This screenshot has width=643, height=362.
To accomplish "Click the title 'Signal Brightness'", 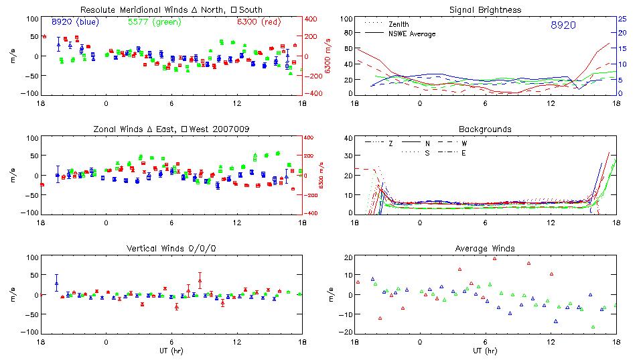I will [486, 10].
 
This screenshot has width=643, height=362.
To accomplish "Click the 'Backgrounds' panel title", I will [485, 129].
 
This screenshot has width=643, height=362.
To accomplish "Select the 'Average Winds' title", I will [486, 249].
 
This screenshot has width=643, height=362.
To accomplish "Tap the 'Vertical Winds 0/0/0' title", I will [171, 249].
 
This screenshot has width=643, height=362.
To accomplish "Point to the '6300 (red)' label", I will [259, 22].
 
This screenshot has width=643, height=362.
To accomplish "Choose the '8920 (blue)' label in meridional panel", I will [75, 22].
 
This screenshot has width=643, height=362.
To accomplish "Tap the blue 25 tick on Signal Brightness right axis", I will [622, 19].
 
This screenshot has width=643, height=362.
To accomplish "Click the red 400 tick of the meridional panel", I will [312, 19].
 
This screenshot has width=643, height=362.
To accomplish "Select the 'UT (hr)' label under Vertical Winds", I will [171, 350].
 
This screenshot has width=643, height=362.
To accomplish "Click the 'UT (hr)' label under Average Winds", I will [486, 350].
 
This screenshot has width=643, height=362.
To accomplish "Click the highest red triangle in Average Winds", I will [495, 258].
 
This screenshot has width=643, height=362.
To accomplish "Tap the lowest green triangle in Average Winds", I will [593, 327].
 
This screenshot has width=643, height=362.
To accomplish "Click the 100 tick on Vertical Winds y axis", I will [31, 257].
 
